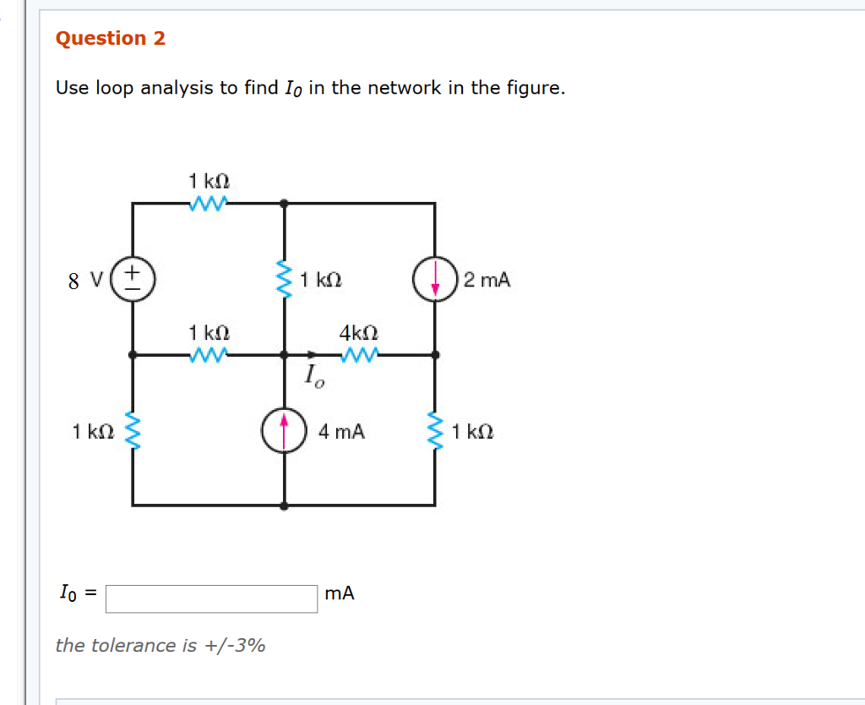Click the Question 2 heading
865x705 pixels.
pos(110,39)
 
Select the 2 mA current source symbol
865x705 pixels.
pos(434,280)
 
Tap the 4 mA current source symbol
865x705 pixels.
pos(284,430)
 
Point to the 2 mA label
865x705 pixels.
pos(487,280)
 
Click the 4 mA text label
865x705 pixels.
pos(342,432)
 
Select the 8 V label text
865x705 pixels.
pos(85,281)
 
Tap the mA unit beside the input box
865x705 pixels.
pos(340,593)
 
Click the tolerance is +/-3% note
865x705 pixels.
pos(160,646)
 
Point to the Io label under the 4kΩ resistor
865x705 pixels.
pos(313,374)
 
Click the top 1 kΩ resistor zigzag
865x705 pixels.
pos(208,203)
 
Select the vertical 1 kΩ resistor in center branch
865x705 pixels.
pos(284,279)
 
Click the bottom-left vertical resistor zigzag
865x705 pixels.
pos(133,430)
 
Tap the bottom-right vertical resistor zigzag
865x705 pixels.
pos(435,431)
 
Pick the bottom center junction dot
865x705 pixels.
pos(284,505)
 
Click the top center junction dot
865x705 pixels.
pos(284,203)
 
